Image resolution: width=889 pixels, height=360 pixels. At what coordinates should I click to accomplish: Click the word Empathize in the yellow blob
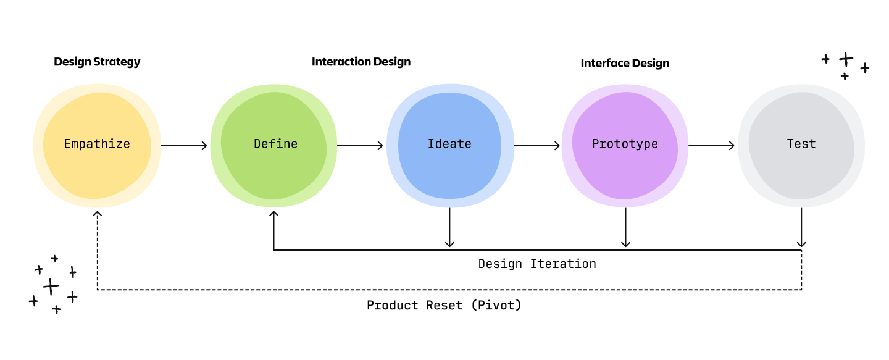97,144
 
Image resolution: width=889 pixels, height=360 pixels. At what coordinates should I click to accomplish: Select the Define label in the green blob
275,144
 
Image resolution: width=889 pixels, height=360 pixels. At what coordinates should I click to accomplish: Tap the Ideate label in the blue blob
449,144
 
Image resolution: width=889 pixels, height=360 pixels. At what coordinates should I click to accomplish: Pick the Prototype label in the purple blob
625,144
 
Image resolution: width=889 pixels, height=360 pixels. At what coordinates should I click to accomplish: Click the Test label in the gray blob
801,144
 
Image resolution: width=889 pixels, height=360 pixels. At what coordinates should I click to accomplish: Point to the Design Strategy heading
97,62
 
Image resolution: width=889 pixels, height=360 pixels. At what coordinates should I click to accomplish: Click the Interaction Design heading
361,62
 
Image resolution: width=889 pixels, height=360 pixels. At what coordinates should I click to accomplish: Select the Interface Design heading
625,63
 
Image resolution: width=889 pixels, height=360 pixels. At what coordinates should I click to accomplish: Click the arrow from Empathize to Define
184,146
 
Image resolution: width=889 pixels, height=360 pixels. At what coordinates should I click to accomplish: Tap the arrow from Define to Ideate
360,146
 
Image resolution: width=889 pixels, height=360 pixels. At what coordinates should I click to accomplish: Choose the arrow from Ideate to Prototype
536,146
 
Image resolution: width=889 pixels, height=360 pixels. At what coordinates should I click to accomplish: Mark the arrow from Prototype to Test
711,146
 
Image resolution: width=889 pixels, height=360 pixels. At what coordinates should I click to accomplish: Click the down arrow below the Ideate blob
449,228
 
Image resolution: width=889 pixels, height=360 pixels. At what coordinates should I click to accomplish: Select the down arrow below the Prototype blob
625,228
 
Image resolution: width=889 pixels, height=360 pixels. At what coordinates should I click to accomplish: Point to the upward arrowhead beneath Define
273,214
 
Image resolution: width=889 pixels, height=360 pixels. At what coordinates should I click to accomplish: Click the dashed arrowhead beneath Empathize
97,214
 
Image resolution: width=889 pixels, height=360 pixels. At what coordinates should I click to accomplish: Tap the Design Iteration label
537,264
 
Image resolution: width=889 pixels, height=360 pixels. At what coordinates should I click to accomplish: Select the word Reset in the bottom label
444,305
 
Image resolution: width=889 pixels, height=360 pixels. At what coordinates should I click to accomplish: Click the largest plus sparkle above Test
846,59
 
